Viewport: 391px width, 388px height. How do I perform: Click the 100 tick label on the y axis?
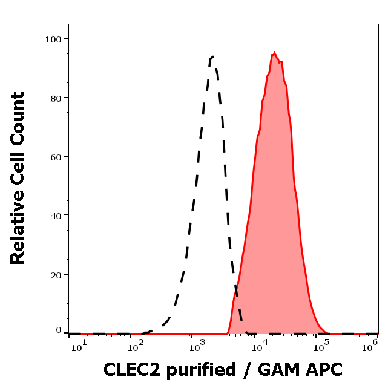(x=54, y=39)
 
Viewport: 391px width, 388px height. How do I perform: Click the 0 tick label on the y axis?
(x=59, y=330)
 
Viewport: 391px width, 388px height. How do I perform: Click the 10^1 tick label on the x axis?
(x=79, y=346)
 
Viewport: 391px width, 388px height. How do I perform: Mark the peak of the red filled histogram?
(x=274, y=53)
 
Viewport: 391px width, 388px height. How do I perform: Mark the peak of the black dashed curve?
(x=212, y=57)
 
